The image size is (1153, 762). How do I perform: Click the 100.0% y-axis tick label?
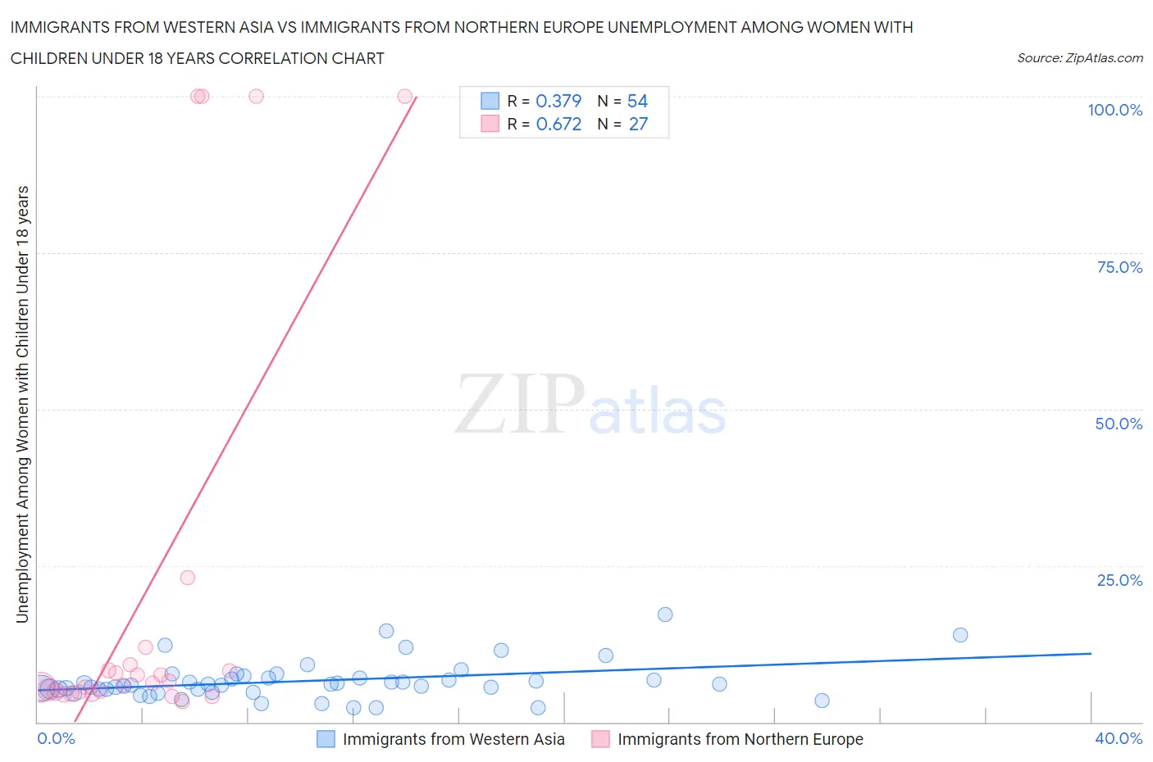(1114, 110)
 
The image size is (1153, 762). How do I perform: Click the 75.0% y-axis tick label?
(1119, 267)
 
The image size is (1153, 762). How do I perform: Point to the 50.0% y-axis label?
(1119, 424)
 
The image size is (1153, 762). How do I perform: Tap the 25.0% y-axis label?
(1119, 580)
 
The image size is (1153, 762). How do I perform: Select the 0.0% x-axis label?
(56, 738)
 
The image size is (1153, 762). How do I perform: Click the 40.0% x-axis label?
(1119, 738)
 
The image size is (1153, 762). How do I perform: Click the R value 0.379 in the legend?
(558, 101)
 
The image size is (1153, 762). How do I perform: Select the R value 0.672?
(558, 124)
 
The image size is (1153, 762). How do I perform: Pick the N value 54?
(637, 101)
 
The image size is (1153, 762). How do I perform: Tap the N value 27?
(637, 124)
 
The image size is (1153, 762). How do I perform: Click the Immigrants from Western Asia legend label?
(453, 739)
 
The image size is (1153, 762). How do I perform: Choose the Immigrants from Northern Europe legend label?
(740, 739)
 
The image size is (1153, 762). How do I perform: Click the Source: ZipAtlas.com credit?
(1079, 57)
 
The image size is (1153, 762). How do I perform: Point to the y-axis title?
(22, 404)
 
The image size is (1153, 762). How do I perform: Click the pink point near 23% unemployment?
(187, 577)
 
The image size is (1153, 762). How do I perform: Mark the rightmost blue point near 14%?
(960, 635)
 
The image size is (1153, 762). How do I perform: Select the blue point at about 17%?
(665, 615)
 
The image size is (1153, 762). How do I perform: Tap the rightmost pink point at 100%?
(404, 96)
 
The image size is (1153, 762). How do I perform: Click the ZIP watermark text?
(520, 405)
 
